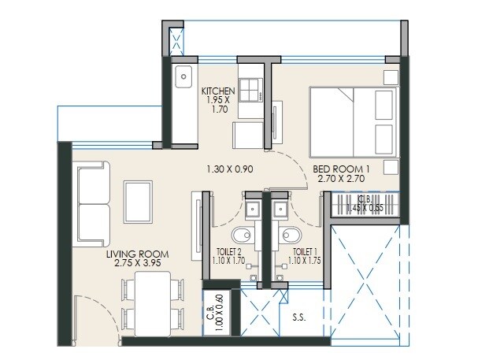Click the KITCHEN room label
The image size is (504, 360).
[x=218, y=91]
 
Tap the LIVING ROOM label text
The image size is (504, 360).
[x=139, y=255]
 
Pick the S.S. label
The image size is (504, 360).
[x=300, y=319]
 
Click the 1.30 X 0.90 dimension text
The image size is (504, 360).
[x=229, y=169]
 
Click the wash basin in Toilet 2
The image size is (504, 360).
[x=253, y=208]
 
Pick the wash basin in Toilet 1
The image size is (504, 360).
[x=280, y=208]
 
